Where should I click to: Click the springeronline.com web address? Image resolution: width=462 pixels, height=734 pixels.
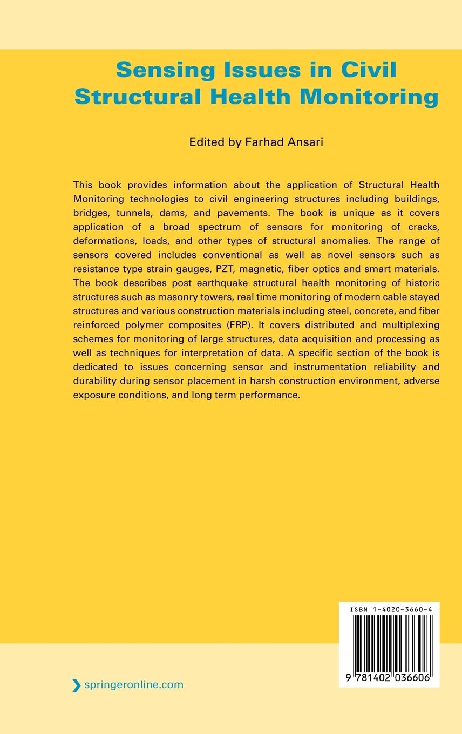(x=134, y=685)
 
